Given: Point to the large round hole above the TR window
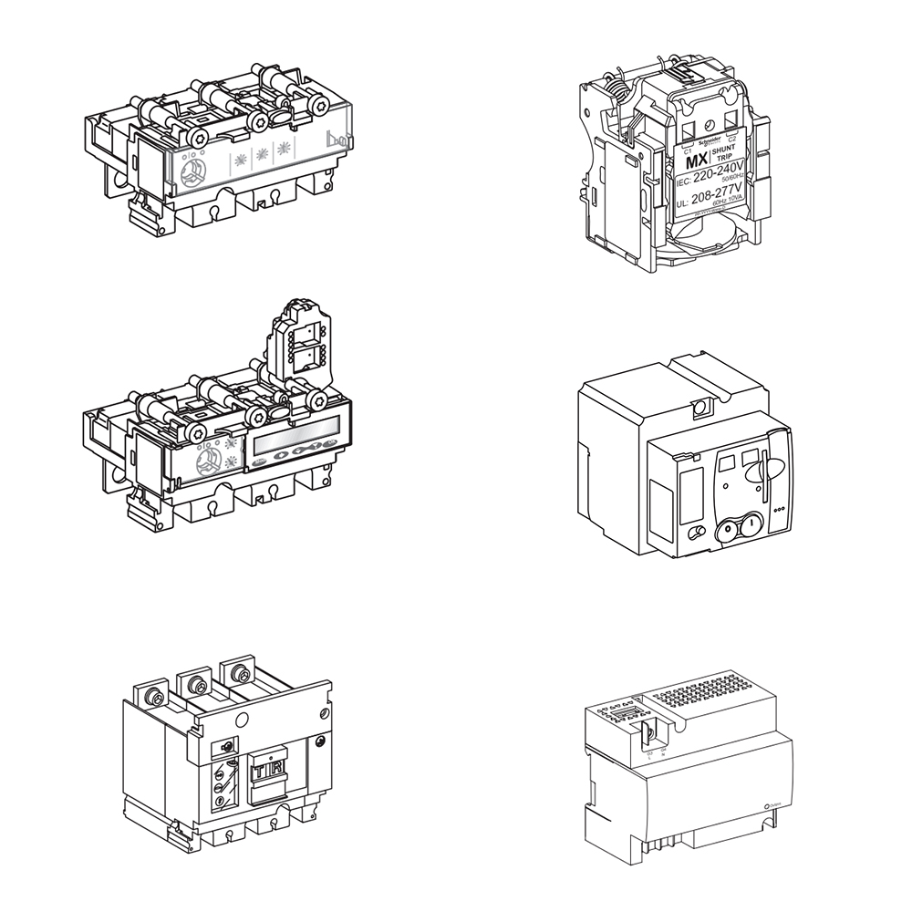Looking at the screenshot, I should pos(243,721).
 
